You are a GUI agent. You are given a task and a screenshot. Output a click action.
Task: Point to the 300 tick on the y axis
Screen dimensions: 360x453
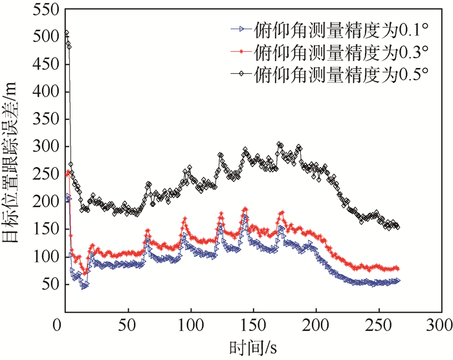[45, 147]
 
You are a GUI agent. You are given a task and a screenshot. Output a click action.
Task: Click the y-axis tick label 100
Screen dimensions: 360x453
[45, 257]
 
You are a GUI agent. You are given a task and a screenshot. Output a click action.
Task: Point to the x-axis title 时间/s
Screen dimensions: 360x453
[252, 346]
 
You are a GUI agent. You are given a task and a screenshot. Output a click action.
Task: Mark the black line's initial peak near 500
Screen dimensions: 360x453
[66, 33]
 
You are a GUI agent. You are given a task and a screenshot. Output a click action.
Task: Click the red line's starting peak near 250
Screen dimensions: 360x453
[68, 173]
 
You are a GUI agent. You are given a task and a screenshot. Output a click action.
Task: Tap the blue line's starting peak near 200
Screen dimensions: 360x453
[67, 196]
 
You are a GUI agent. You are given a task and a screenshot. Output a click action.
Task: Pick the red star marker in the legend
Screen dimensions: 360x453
[240, 51]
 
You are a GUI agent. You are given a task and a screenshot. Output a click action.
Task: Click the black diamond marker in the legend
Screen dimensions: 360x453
[240, 73]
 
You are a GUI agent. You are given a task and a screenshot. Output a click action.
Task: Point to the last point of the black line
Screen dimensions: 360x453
[397, 227]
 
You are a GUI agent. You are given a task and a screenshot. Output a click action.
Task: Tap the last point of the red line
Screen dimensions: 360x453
[397, 268]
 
